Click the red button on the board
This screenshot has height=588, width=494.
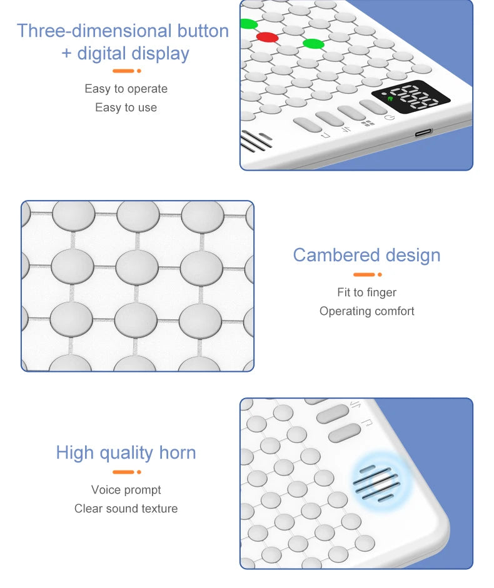pyautogui.click(x=267, y=37)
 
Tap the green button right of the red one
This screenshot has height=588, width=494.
pyautogui.click(x=314, y=43)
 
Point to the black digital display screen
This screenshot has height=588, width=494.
pyautogui.click(x=411, y=98)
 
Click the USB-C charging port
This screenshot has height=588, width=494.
pyautogui.click(x=423, y=132)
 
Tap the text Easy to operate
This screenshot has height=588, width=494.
pyautogui.click(x=126, y=89)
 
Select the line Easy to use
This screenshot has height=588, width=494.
pyautogui.click(x=126, y=107)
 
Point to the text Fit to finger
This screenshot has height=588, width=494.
pyautogui.click(x=366, y=292)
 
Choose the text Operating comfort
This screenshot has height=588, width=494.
pyautogui.click(x=366, y=311)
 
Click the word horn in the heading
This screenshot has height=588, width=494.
pyautogui.click(x=178, y=452)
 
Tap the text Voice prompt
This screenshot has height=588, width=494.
pyautogui.click(x=126, y=490)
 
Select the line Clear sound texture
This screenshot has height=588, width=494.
pyautogui.click(x=126, y=509)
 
